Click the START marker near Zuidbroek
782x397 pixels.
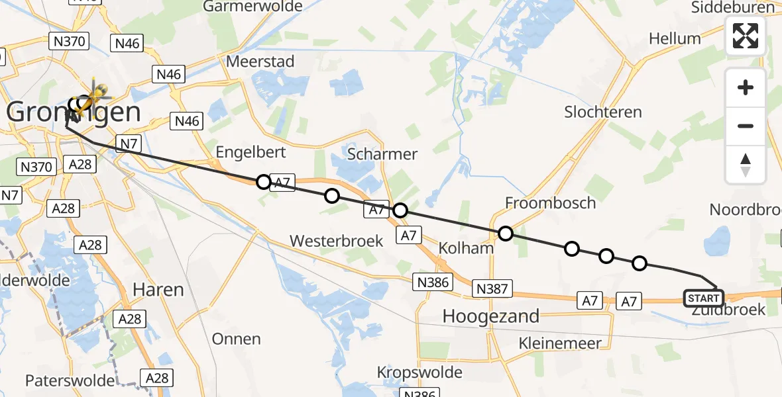tap(704, 298)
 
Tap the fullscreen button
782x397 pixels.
tap(746, 36)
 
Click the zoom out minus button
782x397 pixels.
tap(746, 126)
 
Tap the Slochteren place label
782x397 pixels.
tap(603, 112)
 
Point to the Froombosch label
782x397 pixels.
tap(551, 202)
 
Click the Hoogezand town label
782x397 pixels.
tap(491, 316)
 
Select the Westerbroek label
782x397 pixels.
tap(337, 240)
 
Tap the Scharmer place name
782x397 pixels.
tap(383, 154)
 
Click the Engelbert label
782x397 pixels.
tap(251, 152)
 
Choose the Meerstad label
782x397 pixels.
tap(260, 61)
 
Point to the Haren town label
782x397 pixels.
tap(158, 289)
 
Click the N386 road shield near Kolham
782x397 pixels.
tap(433, 283)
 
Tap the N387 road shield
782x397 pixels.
tap(492, 288)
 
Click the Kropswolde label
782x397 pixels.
tap(419, 372)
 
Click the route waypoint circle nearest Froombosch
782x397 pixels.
tap(506, 233)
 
